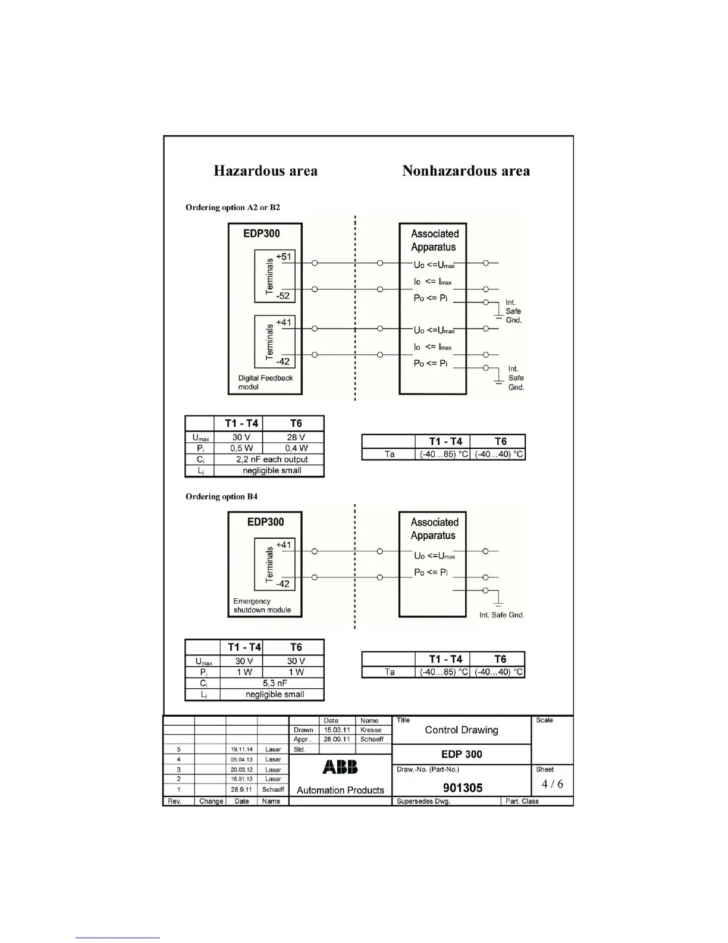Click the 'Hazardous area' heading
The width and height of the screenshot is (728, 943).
tap(265, 171)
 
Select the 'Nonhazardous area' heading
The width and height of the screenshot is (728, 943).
tap(466, 171)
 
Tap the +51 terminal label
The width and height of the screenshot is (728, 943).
tap(284, 257)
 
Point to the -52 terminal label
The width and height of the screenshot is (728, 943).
tap(283, 296)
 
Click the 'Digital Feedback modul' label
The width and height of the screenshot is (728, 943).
tap(265, 382)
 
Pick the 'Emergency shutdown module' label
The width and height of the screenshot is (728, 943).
tap(262, 605)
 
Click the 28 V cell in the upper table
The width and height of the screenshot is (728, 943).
tap(296, 437)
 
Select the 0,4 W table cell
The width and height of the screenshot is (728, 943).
tap(296, 448)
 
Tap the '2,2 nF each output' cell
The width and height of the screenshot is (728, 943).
tap(272, 460)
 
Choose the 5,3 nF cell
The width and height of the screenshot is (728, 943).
tap(275, 683)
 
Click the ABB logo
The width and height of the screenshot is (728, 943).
tap(340, 767)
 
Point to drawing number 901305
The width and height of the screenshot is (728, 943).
tap(463, 788)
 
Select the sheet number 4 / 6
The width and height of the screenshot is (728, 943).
tap(552, 784)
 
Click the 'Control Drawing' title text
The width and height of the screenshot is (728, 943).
tap(462, 730)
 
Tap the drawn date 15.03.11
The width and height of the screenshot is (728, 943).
tap(337, 730)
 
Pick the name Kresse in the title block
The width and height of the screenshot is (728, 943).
tap(371, 730)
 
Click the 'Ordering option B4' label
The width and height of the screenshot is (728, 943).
tap(221, 497)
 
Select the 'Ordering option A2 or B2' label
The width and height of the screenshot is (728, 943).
tap(233, 207)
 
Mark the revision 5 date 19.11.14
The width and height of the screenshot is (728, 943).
tap(241, 750)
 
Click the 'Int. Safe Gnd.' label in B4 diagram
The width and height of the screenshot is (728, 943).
tap(502, 615)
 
